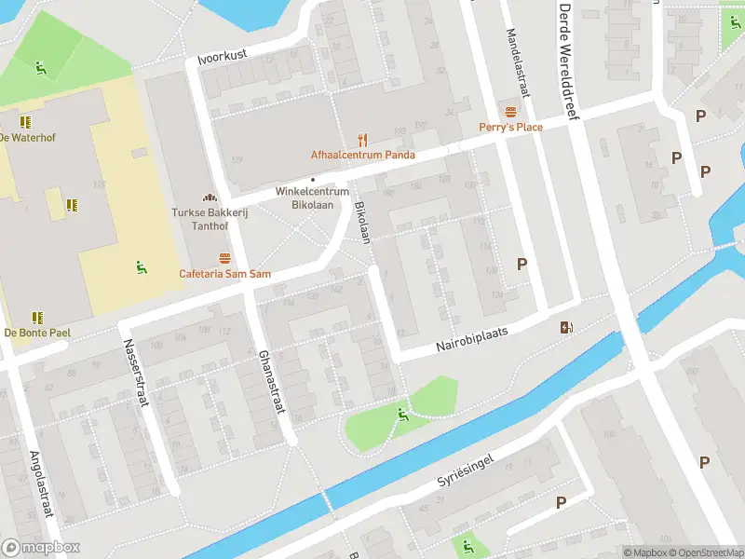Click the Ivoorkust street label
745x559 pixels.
tap(223, 57)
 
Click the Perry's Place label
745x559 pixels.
tap(510, 127)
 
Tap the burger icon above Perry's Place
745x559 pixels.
tap(510, 112)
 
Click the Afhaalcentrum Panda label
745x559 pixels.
tap(362, 155)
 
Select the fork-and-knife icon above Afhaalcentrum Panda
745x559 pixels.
tap(363, 140)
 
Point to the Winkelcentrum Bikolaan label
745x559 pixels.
tap(312, 198)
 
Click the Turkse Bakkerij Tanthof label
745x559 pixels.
tap(210, 217)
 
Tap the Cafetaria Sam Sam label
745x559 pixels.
tap(224, 274)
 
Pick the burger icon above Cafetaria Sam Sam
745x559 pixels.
tap(224, 258)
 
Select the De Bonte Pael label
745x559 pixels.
tap(37, 333)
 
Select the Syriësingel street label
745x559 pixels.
tap(476, 471)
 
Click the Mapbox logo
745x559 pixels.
tap(41, 548)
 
